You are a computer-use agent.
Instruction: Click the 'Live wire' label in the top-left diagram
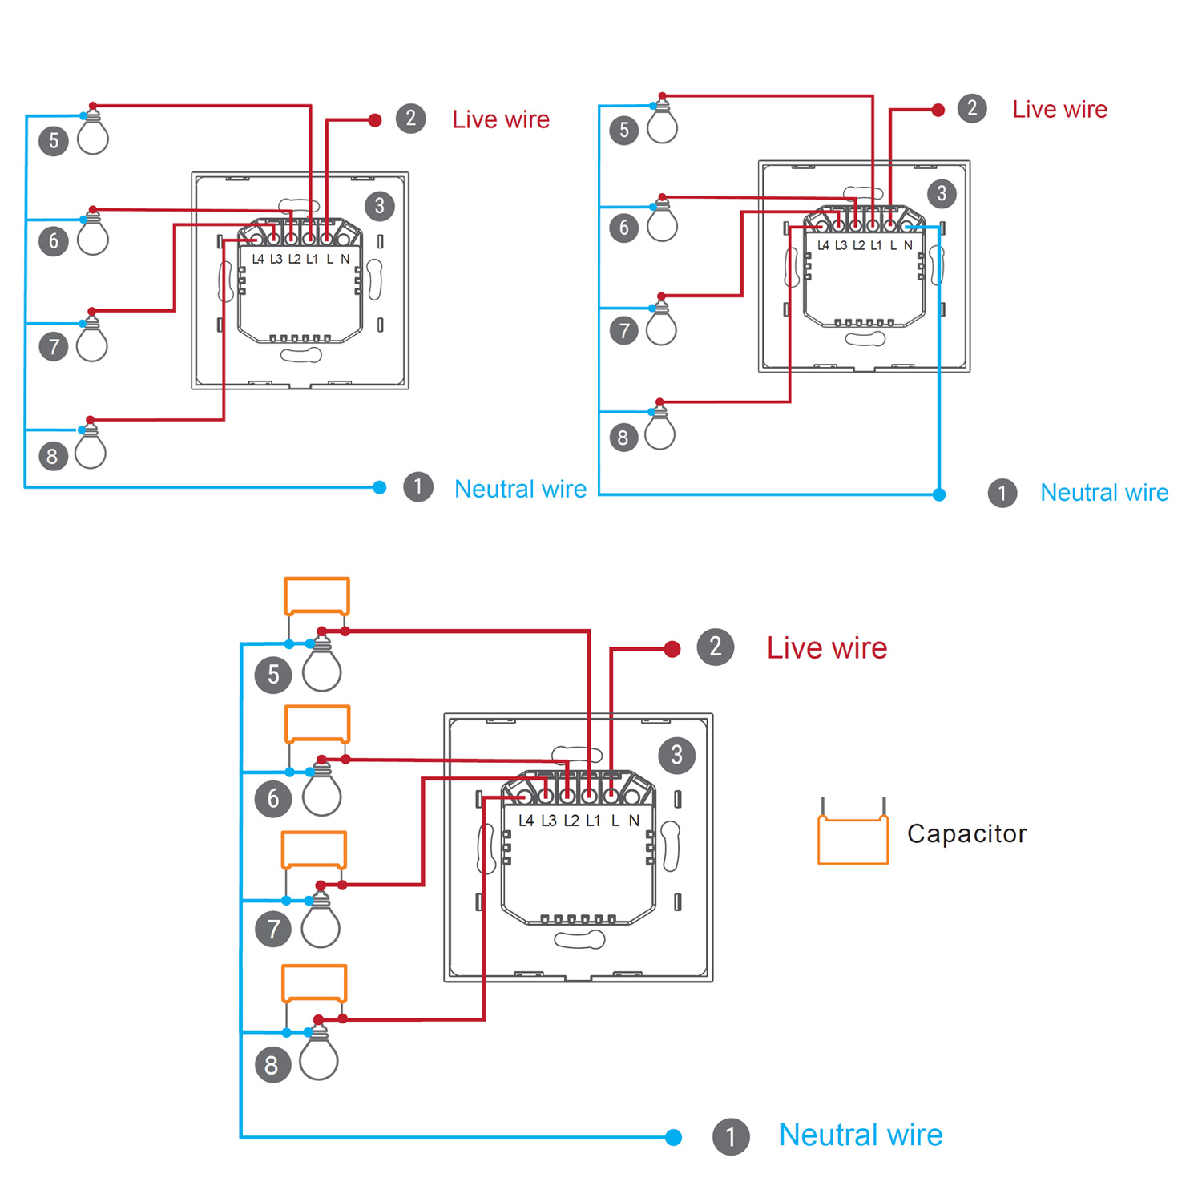coord(501,119)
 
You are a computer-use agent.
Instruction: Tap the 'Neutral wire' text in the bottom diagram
coord(861,1135)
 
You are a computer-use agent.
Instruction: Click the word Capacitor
coord(966,833)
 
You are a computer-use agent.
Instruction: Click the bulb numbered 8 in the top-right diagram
coord(659,432)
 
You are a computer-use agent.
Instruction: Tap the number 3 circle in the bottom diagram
coord(677,755)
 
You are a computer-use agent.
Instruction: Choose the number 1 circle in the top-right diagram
coord(1002,493)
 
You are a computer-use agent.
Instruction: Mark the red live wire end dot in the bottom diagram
coord(672,649)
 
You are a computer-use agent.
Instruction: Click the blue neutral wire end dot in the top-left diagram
coord(380,487)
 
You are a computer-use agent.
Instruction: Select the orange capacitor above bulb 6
coord(317,724)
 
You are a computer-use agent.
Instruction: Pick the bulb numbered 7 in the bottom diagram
coord(321,926)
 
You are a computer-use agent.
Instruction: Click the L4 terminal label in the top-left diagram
coord(258,259)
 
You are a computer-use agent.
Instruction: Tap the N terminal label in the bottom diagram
coord(634,821)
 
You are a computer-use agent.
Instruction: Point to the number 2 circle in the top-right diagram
coord(972,108)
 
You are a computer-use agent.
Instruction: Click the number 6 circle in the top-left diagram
coord(54,240)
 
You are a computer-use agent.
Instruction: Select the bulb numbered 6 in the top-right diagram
coord(662,224)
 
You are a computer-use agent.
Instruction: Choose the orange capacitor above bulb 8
coord(314,983)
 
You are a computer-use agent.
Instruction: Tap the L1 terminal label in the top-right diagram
coord(876,245)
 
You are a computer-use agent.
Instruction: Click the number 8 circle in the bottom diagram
coord(272,1065)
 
